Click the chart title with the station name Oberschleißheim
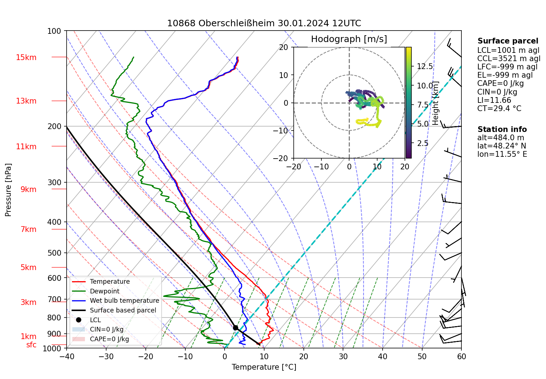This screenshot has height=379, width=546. (x=264, y=23)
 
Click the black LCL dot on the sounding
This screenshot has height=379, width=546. (x=235, y=328)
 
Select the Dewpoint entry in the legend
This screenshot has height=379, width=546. (x=104, y=291)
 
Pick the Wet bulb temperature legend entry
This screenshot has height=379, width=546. (x=124, y=301)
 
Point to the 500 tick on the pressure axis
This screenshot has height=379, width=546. (x=54, y=253)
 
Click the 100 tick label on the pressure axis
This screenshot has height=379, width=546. (x=54, y=31)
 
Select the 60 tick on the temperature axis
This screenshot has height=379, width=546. (x=461, y=356)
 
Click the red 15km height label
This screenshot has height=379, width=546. (x=26, y=58)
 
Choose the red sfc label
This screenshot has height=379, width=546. (x=31, y=345)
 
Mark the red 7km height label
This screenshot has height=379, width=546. (x=28, y=229)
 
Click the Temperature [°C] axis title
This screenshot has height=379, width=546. (x=264, y=367)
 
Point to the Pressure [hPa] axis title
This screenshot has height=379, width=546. (x=8, y=190)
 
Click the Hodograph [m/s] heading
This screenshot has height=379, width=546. (x=349, y=39)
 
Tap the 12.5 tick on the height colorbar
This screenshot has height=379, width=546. (x=425, y=66)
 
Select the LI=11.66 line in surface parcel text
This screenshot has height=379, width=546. (x=494, y=100)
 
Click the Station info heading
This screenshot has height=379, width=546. (x=502, y=129)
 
